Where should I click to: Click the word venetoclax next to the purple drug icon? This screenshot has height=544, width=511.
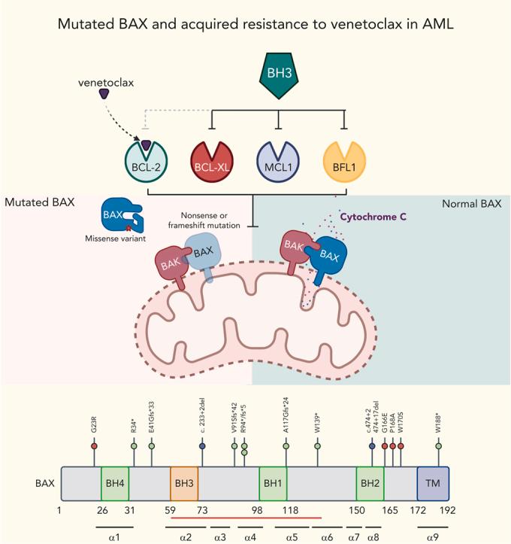pyautogui.click(x=106, y=83)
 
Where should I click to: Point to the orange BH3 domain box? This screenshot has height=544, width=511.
pyautogui.click(x=184, y=483)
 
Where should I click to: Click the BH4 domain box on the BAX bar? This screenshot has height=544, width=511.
pyautogui.click(x=115, y=483)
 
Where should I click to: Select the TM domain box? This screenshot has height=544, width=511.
pyautogui.click(x=433, y=483)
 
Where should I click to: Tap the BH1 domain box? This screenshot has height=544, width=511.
pyautogui.click(x=273, y=483)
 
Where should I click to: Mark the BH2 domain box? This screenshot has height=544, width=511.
pyautogui.click(x=370, y=483)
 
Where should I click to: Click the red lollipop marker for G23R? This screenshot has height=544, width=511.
pyautogui.click(x=94, y=446)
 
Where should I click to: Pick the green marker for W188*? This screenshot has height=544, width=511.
pyautogui.click(x=439, y=446)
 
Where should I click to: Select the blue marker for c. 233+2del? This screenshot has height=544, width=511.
pyautogui.click(x=202, y=446)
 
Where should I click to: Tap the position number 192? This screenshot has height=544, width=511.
pyautogui.click(x=447, y=510)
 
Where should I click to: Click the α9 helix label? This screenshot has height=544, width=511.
pyautogui.click(x=433, y=537)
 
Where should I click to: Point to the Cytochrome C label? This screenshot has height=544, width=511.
pyautogui.click(x=373, y=217)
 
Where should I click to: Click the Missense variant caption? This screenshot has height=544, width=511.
pyautogui.click(x=116, y=239)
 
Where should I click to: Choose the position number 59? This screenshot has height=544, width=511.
pyautogui.click(x=170, y=510)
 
